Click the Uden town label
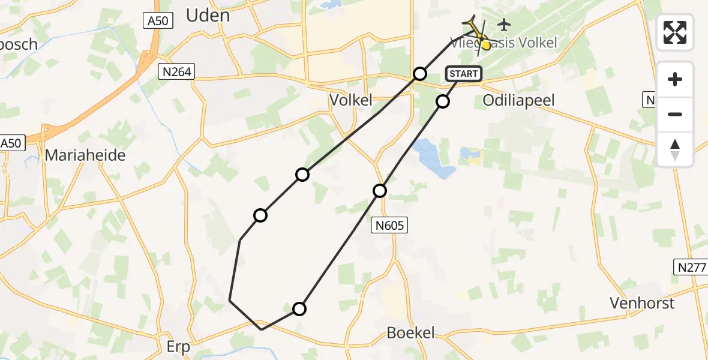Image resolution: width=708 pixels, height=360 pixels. click(208, 16)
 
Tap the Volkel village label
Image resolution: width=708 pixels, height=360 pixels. click(351, 100)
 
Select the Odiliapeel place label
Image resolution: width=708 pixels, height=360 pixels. click(518, 100)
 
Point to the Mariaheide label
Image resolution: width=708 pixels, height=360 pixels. click(86, 155)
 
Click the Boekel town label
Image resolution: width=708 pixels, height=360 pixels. click(411, 333)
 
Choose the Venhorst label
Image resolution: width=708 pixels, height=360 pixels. click(642, 303)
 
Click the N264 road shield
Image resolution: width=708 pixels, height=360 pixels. click(176, 73)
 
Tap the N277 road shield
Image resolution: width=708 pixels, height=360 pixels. click(691, 268)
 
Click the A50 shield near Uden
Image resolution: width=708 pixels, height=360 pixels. click(160, 21)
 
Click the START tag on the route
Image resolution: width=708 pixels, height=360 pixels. click(463, 74)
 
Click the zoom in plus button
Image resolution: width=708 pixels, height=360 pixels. click(675, 79)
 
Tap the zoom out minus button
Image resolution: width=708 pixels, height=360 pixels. click(675, 114)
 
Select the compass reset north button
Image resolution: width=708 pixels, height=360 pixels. click(675, 149)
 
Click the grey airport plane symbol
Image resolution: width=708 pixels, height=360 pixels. click(503, 25)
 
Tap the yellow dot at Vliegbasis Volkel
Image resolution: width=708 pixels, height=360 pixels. click(486, 44)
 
